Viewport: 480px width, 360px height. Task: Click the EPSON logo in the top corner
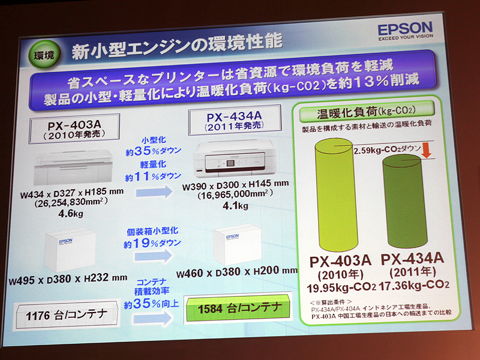pos(404,29)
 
